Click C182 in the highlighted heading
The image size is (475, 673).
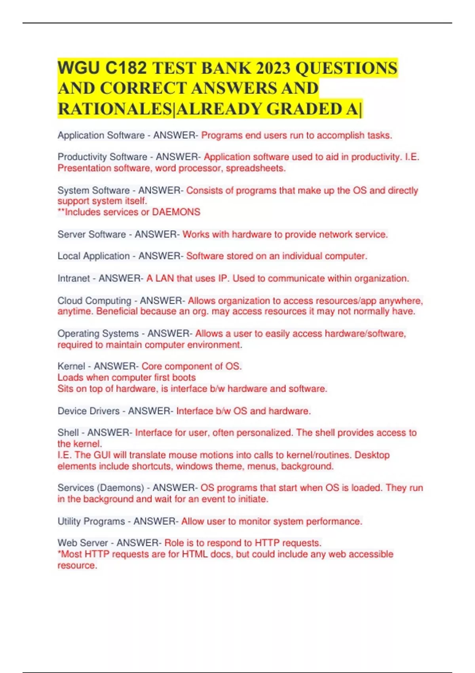[126, 68]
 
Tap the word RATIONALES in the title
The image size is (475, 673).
[115, 109]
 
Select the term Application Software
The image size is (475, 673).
[101, 135]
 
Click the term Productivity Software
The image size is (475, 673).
[102, 157]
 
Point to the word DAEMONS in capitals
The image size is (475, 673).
[176, 212]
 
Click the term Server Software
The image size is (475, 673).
[91, 234]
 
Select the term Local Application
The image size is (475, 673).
[93, 256]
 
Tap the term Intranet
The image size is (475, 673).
[74, 279]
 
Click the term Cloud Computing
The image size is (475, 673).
[94, 301]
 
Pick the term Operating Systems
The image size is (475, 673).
[98, 334]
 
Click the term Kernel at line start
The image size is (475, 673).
[71, 366]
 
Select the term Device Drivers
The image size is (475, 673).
[88, 411]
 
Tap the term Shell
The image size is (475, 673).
[68, 433]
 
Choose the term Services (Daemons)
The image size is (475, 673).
[101, 488]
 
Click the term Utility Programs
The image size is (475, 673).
[91, 521]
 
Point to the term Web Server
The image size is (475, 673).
[83, 543]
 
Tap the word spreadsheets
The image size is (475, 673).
[256, 168]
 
